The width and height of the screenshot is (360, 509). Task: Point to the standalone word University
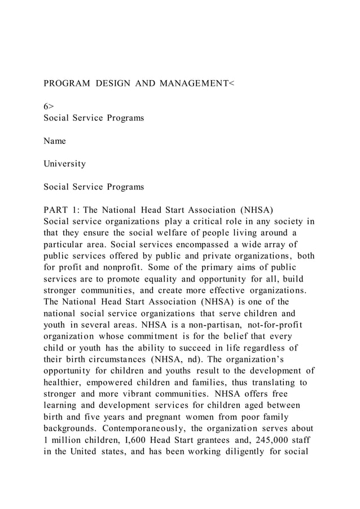65,164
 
